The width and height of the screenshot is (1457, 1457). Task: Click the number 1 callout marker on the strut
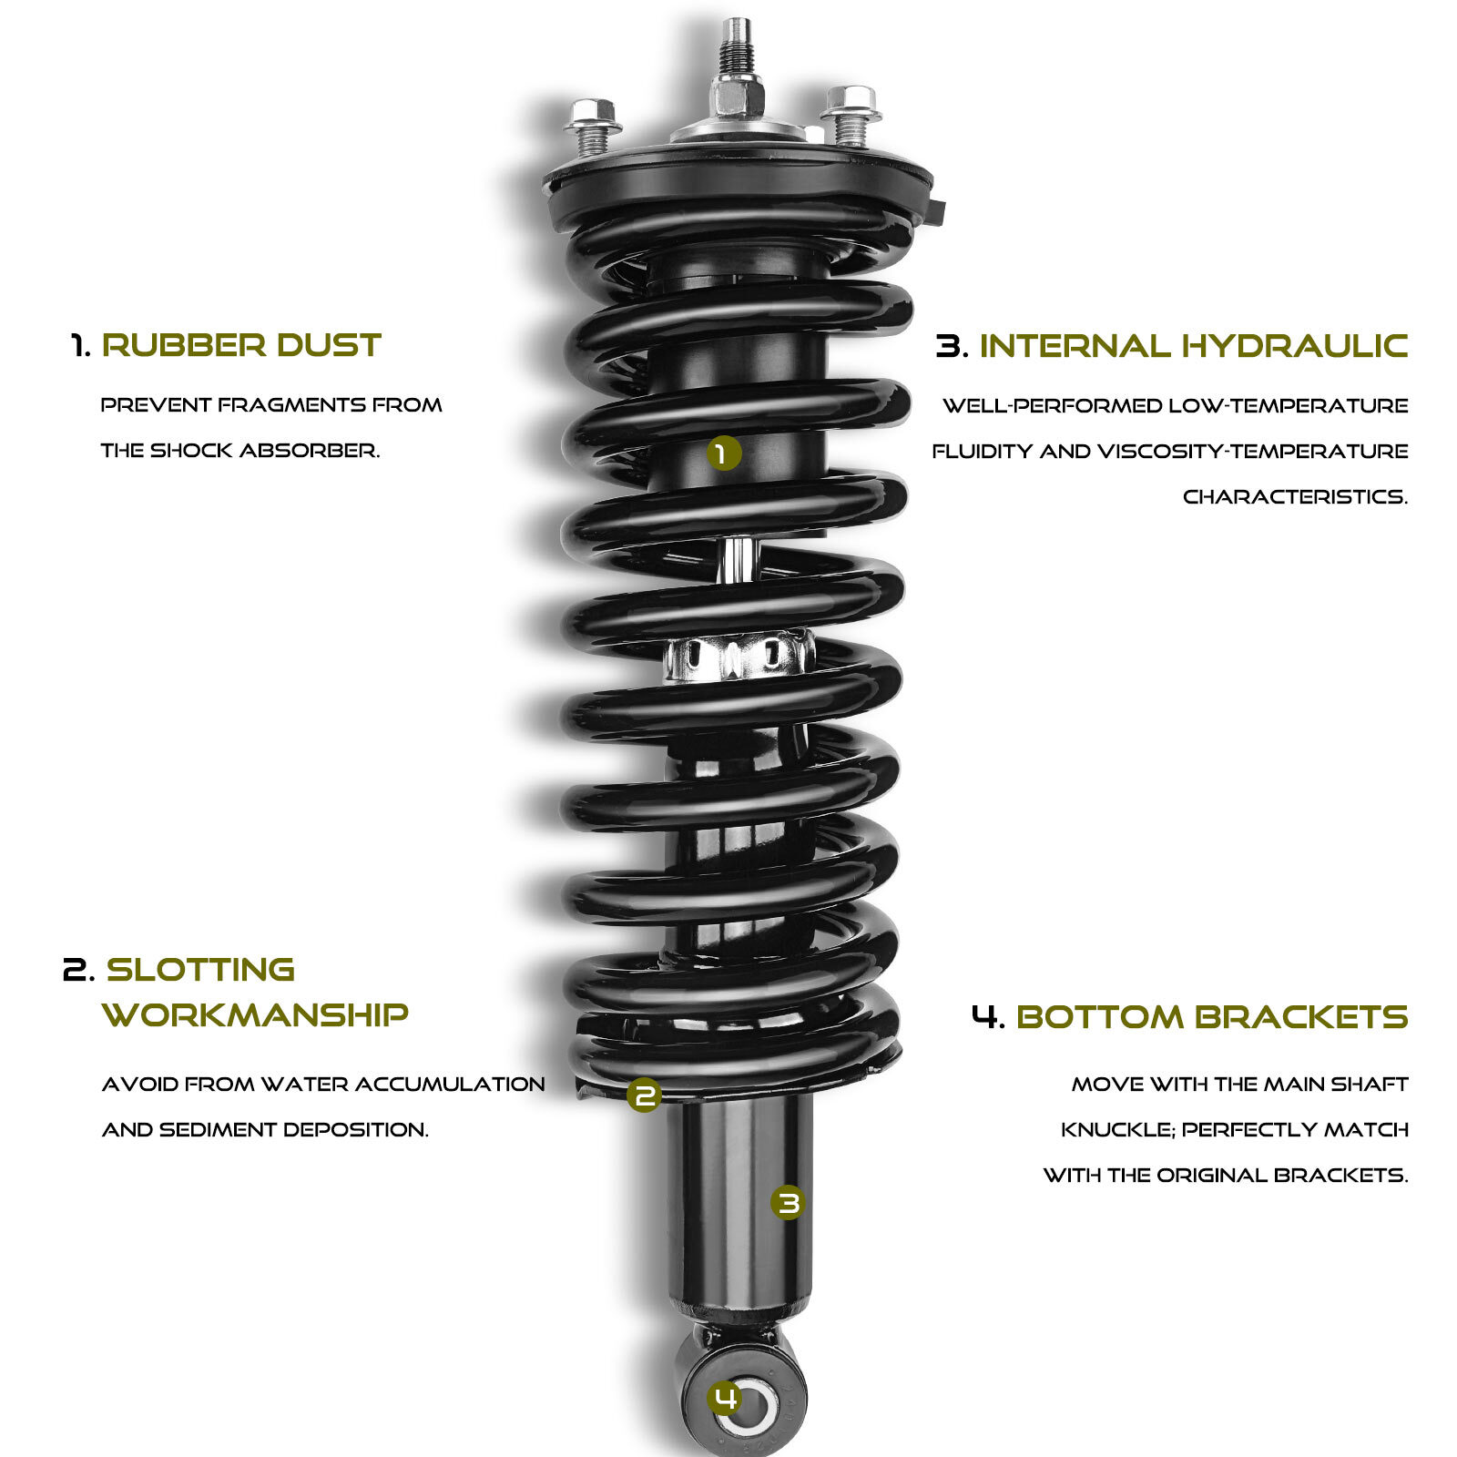click(723, 453)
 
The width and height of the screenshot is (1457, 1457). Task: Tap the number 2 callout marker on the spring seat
click(644, 1095)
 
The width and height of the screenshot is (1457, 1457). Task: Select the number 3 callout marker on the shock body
click(788, 1203)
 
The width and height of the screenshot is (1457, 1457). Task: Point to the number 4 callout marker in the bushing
click(726, 1397)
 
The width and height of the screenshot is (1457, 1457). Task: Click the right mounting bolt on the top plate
click(851, 113)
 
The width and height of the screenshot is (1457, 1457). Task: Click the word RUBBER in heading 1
click(183, 345)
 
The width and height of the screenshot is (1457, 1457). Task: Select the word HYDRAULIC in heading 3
click(1294, 346)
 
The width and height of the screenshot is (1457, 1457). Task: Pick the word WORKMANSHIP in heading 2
click(255, 1014)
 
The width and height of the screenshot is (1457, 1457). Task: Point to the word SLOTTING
click(201, 969)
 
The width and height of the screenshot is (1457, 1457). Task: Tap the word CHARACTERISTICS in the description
click(1294, 497)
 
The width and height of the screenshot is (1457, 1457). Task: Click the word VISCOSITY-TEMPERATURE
click(1252, 452)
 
